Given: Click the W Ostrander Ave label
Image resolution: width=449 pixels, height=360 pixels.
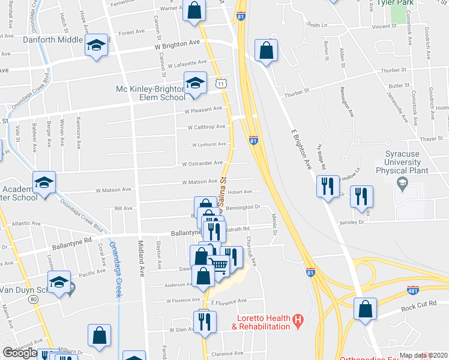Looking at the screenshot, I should coord(204,163).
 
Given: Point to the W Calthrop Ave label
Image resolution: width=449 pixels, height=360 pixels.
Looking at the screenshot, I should coord(205,127).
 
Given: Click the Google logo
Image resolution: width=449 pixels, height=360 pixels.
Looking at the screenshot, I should coord(20,353).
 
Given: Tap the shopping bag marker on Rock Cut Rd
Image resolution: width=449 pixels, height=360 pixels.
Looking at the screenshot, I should coord(364,310).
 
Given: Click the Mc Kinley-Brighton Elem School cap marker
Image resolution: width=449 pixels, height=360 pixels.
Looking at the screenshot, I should coord(195,83).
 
